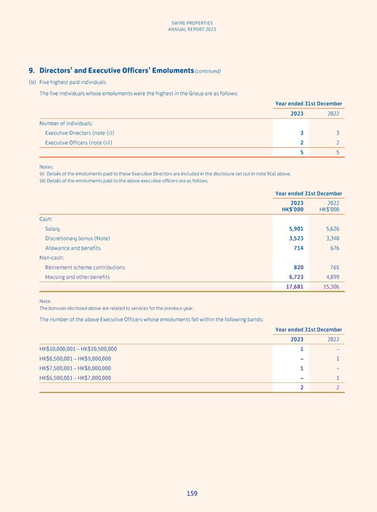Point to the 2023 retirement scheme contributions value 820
[x=298, y=267]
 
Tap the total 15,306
[x=328, y=287]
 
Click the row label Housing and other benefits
[x=77, y=277]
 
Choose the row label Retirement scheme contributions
[x=85, y=267]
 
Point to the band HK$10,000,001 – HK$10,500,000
[x=77, y=349]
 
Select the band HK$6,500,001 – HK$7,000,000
[x=75, y=377]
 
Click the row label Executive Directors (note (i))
[x=80, y=133]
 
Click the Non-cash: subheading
[x=54, y=258]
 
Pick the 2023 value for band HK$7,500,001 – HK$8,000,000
[x=302, y=368]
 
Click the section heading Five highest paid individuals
[x=72, y=82]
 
